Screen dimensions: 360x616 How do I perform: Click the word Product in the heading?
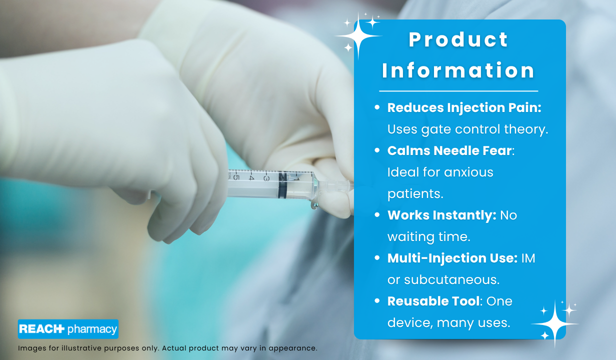pos(458,40)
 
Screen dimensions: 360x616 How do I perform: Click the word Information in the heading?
pos(458,70)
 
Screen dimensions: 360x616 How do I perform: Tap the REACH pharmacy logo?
pos(68,329)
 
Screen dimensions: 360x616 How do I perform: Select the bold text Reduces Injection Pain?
pos(463,107)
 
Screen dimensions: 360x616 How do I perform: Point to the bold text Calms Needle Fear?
pos(449,150)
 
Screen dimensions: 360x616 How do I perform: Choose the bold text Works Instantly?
pos(441,215)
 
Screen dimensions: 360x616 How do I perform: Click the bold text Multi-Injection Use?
pos(452,258)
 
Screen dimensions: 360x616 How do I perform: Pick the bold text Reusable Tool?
pos(433,301)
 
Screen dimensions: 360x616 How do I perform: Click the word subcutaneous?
pos(443,280)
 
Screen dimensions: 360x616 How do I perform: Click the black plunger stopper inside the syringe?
pos(283,184)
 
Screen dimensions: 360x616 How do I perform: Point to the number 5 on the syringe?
pos(236,175)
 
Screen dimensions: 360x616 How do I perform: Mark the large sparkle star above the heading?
pos(358,35)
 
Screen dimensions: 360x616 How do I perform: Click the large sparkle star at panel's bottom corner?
pos(554,323)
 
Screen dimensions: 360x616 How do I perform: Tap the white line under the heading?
pos(458,91)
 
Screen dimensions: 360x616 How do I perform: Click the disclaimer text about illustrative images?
pos(167,348)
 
